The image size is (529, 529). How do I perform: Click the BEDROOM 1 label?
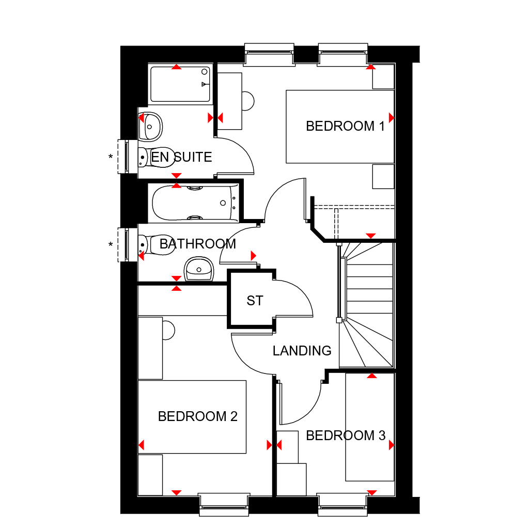click(345, 126)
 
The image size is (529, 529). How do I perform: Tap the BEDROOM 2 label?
click(198, 416)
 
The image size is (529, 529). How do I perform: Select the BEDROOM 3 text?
click(346, 435)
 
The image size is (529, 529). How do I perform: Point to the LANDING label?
click(302, 351)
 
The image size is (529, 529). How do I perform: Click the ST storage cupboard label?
click(255, 301)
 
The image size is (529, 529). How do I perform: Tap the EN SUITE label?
click(181, 157)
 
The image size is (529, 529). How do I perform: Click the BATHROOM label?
click(198, 244)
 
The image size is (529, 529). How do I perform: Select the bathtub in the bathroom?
click(195, 203)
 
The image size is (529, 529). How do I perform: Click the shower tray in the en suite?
click(180, 84)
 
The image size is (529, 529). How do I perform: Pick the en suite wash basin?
click(150, 127)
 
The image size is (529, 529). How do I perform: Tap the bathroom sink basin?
click(199, 269)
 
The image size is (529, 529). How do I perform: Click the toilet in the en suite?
click(156, 157)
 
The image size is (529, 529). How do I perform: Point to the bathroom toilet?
click(156, 244)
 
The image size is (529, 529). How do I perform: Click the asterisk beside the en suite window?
click(111, 157)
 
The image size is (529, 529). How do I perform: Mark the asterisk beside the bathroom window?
click(111, 244)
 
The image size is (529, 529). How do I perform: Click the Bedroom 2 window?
click(224, 504)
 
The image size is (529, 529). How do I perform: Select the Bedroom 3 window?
click(343, 504)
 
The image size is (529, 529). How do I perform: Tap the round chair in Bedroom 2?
click(168, 330)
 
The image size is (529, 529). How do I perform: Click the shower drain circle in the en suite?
click(205, 72)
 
